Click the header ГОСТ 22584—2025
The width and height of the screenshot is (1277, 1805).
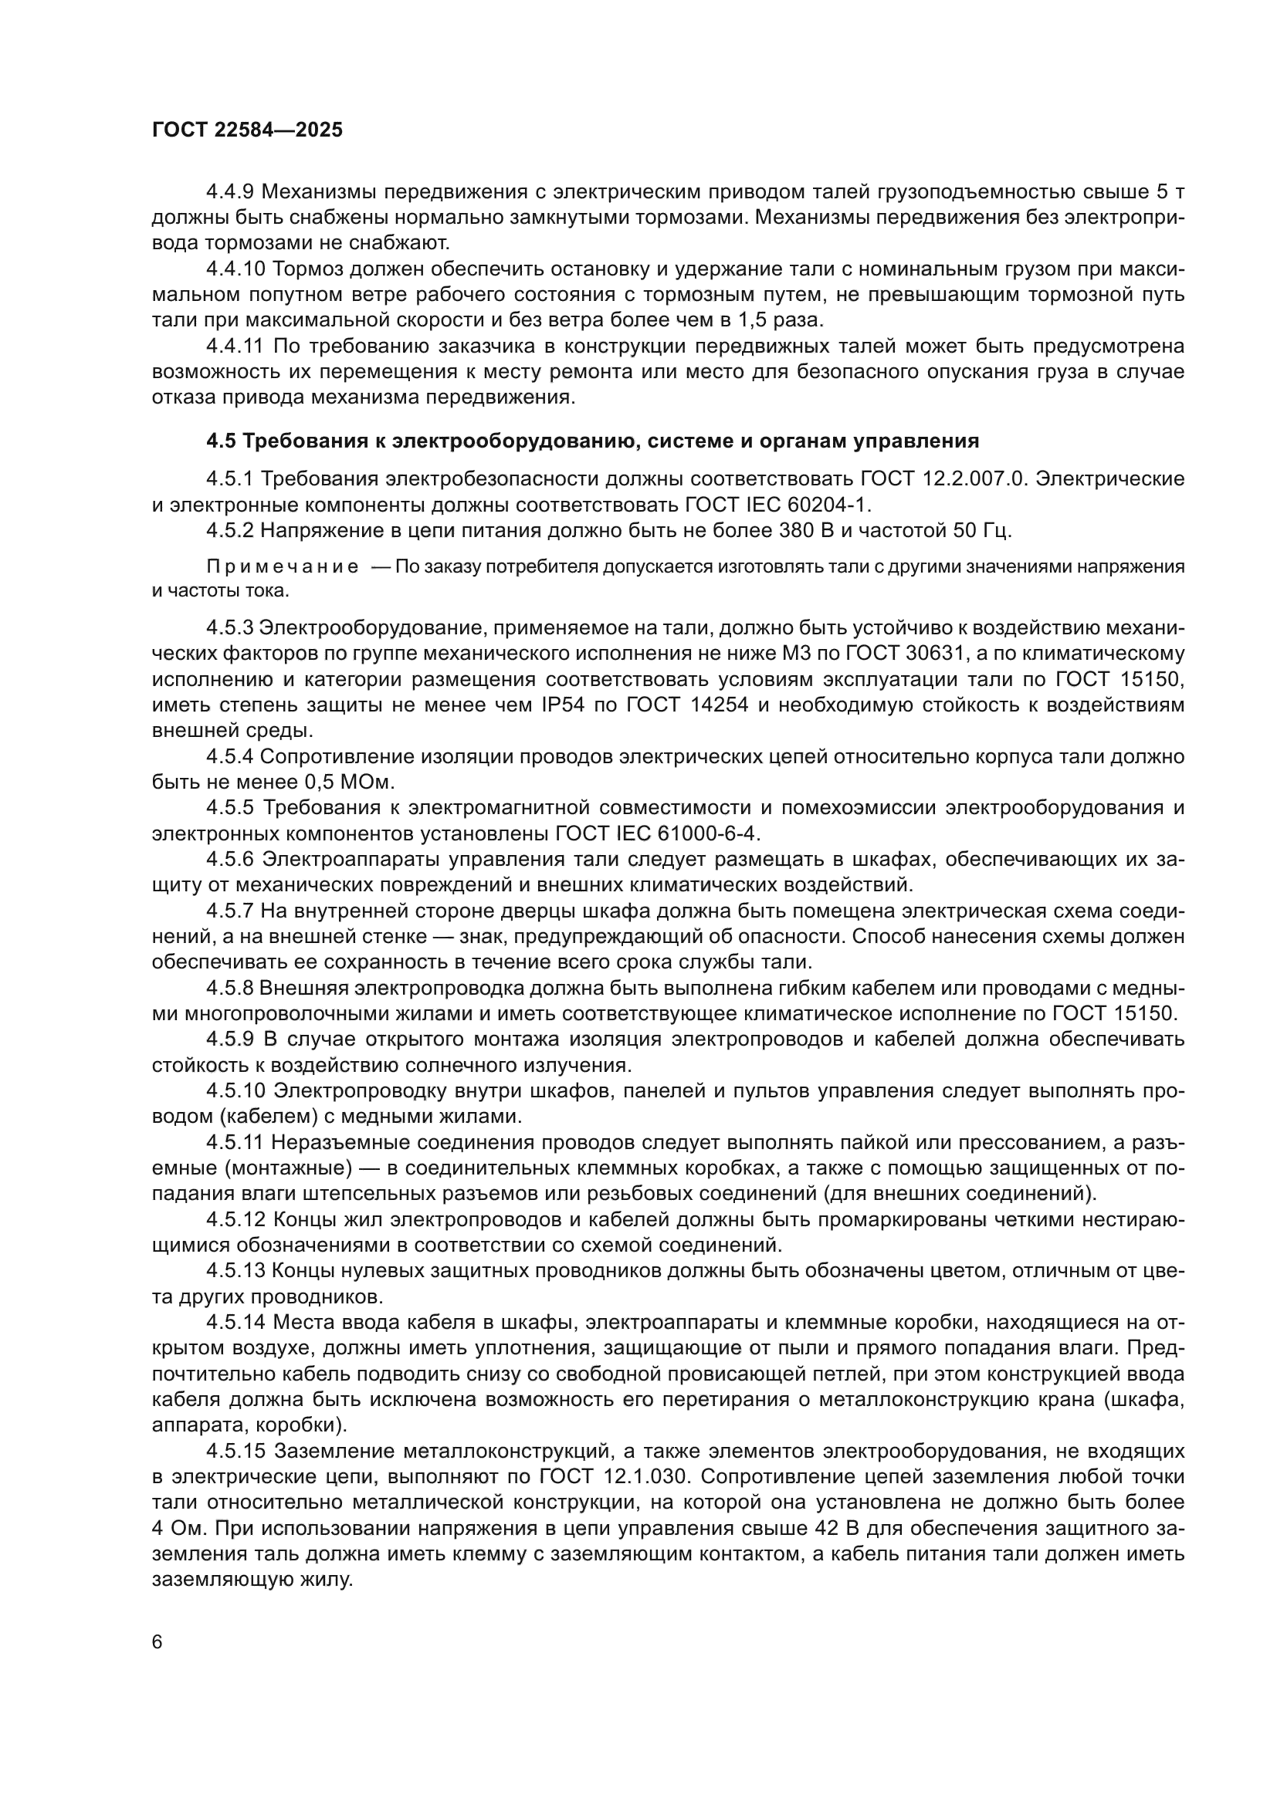pyautogui.click(x=248, y=130)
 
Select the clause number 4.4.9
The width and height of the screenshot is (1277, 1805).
pyautogui.click(x=230, y=191)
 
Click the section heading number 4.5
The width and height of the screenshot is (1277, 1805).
pyautogui.click(x=221, y=441)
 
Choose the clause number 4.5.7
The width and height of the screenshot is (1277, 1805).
pyautogui.click(x=230, y=911)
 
